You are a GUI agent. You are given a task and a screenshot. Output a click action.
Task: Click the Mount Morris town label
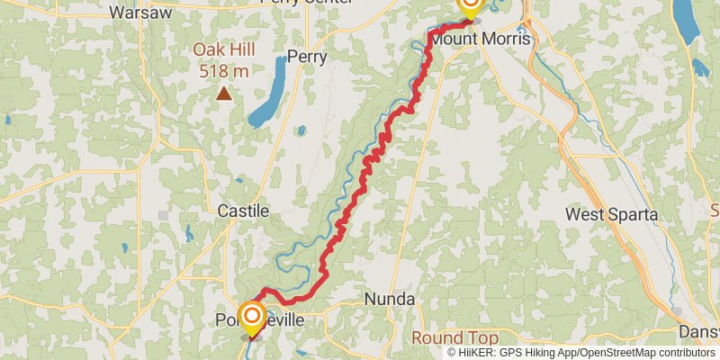click(481, 40)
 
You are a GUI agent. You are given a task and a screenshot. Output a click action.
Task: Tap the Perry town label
click(306, 57)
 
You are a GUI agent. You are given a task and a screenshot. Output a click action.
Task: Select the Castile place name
click(243, 211)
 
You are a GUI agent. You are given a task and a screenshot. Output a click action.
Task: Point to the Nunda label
click(390, 299)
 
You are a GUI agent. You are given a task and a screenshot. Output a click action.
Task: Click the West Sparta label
click(612, 215)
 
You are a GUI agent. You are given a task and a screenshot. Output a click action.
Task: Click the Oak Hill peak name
click(222, 52)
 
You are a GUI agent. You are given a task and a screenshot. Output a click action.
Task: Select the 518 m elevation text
click(222, 70)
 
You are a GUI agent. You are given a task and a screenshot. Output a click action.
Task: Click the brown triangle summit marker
click(222, 93)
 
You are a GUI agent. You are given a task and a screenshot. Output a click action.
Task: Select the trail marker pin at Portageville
click(251, 318)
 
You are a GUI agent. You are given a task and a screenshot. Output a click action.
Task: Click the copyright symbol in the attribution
click(452, 352)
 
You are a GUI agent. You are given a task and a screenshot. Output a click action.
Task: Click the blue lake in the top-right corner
click(687, 22)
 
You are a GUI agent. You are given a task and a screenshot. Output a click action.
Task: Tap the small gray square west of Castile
click(163, 214)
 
